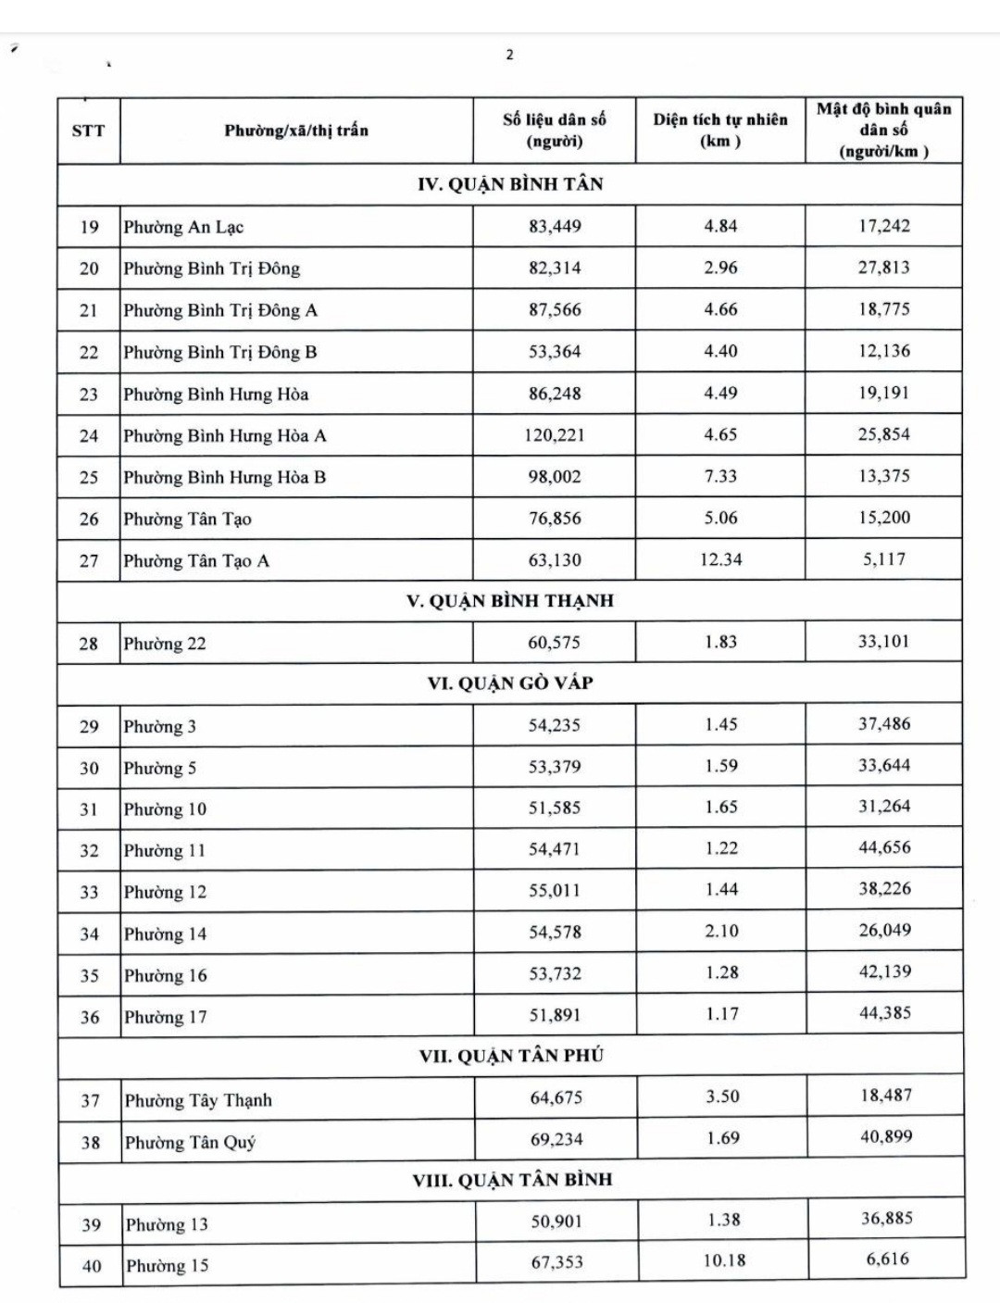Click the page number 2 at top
tap(509, 55)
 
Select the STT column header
tap(88, 131)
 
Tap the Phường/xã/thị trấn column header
tap(296, 131)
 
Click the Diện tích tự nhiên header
tap(720, 131)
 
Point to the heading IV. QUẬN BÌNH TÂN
tap(510, 184)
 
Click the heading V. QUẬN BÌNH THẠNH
tap(510, 601)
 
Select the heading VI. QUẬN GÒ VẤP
tap(510, 683)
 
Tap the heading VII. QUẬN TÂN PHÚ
tap(511, 1056)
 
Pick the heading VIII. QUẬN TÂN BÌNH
tap(512, 1180)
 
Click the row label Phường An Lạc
tap(183, 227)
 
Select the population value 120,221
tap(555, 435)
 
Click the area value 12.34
tap(720, 559)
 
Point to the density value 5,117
tap(884, 559)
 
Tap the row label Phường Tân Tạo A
tap(196, 560)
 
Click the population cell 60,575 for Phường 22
tap(555, 642)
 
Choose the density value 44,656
tap(884, 847)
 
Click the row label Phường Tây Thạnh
tap(198, 1100)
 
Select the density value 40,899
tap(886, 1136)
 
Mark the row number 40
tap(92, 1266)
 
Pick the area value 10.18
tap(724, 1261)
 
